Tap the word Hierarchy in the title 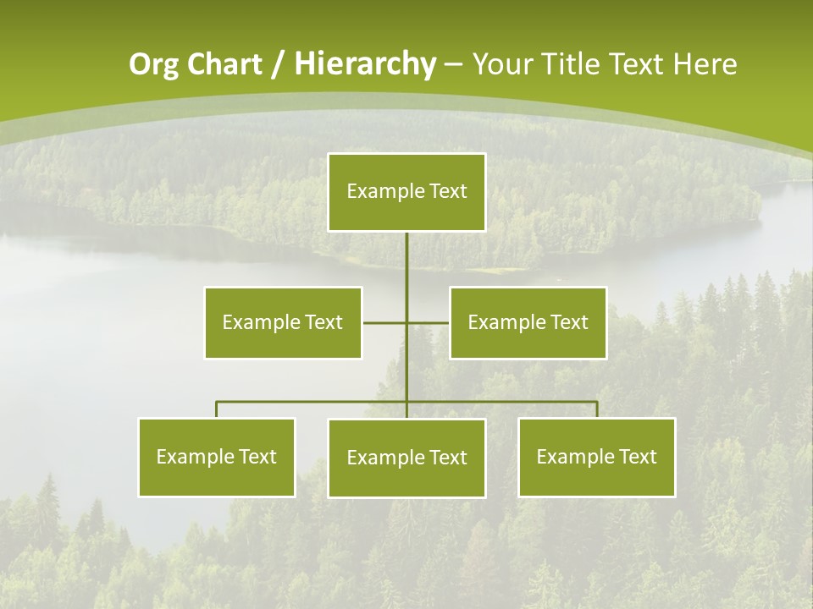365,64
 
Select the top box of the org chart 406,192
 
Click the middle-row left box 283,322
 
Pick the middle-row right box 528,322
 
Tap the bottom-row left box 217,457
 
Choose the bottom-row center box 406,458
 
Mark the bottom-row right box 597,457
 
